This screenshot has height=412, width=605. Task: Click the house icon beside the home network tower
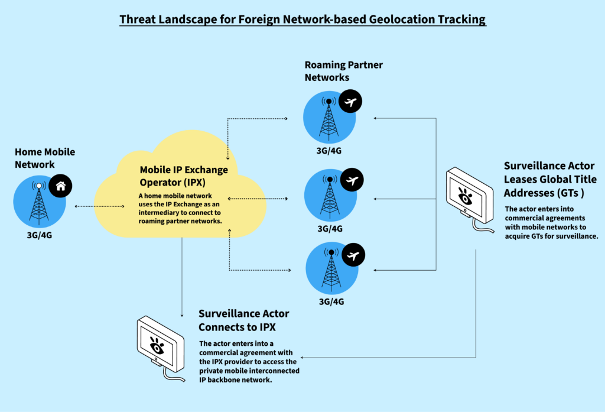[x=60, y=187]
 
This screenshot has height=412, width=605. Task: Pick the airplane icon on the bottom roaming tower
[x=353, y=255]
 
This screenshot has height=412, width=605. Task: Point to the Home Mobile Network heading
[x=45, y=158]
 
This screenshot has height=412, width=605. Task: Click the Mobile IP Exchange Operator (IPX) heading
[x=184, y=176]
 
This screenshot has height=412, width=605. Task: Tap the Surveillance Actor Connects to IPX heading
[x=244, y=319]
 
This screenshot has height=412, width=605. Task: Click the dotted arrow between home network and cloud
[x=99, y=206]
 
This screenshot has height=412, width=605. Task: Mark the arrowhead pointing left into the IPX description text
[x=304, y=358]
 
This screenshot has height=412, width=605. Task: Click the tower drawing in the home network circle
[x=38, y=204]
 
